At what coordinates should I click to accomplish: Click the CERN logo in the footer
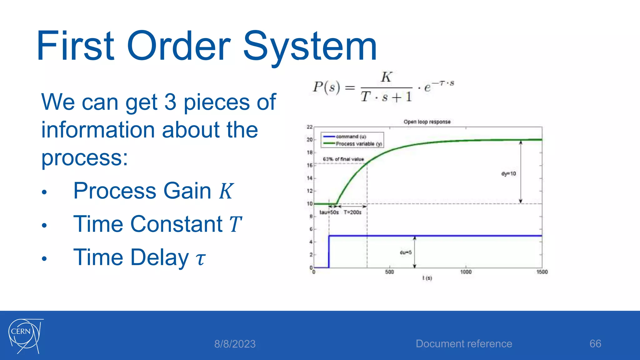(25, 336)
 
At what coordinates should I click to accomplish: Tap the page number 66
(595, 343)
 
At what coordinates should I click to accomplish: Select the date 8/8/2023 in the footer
(235, 344)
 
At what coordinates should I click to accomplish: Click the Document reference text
(464, 343)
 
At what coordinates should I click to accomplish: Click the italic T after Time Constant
(235, 224)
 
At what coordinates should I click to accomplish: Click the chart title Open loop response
(427, 122)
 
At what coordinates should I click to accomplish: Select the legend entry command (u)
(351, 137)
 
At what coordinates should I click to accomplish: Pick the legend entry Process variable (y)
(358, 144)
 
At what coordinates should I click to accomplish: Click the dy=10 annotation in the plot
(508, 174)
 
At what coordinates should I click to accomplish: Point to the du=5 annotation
(406, 252)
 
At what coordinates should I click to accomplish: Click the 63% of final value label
(343, 159)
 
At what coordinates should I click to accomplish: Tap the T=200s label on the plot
(352, 212)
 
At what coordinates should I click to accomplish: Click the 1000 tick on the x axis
(466, 272)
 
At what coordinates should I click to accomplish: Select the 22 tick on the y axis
(309, 127)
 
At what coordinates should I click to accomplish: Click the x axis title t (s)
(427, 278)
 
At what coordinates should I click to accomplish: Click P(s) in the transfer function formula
(326, 87)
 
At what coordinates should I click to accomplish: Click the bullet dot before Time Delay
(44, 259)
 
